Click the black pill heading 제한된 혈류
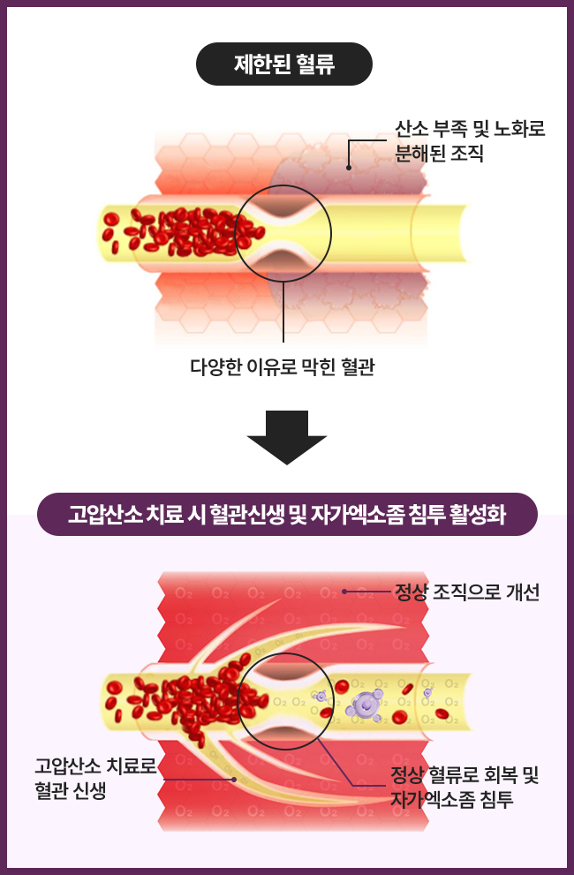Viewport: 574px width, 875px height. pyautogui.click(x=283, y=64)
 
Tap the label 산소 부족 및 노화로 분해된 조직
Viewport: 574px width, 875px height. pyautogui.click(x=469, y=140)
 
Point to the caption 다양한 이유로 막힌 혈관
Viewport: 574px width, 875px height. pyautogui.click(x=283, y=366)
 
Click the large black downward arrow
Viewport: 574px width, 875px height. pyautogui.click(x=286, y=436)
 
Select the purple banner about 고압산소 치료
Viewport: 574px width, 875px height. pyautogui.click(x=287, y=514)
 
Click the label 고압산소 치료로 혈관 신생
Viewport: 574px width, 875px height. pyautogui.click(x=94, y=777)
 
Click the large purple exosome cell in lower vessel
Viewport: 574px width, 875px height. pyautogui.click(x=363, y=704)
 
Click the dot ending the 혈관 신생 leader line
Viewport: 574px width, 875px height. pyautogui.click(x=233, y=780)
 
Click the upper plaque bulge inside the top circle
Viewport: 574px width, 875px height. pyautogui.click(x=283, y=210)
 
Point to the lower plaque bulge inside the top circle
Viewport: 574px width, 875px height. pyautogui.click(x=283, y=258)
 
